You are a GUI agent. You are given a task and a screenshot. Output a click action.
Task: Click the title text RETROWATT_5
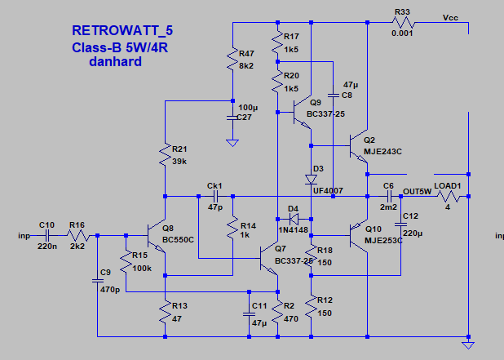tap(122, 31)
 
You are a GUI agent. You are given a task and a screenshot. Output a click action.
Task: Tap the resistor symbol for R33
tap(402, 24)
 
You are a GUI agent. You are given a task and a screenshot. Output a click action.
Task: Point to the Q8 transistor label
tap(168, 228)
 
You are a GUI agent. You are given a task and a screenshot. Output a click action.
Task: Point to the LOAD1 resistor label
tap(448, 185)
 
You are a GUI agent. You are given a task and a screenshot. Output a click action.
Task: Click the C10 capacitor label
tap(46, 224)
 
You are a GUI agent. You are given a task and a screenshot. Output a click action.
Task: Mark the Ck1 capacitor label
tap(215, 184)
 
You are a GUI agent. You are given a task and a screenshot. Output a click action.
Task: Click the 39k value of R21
tap(179, 162)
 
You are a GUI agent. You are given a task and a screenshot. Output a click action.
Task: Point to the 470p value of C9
tap(110, 288)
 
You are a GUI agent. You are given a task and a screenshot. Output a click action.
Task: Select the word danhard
tap(116, 62)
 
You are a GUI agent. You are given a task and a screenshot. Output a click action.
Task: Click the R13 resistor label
tap(179, 306)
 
